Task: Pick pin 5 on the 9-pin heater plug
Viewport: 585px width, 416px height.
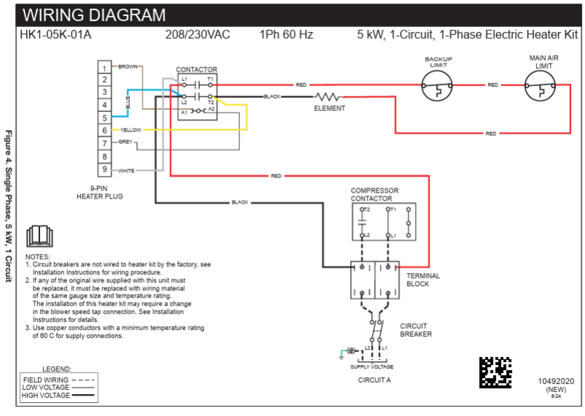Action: (105, 118)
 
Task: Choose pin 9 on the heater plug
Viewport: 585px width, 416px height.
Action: (105, 170)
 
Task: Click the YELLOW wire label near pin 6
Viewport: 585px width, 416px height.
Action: (131, 130)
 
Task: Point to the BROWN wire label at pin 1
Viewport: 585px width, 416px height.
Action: (128, 66)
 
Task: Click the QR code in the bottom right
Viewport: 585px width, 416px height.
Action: (495, 372)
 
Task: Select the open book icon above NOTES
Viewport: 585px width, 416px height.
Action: (38, 237)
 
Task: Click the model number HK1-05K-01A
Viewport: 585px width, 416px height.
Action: (55, 34)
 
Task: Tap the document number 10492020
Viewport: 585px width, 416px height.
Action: (556, 381)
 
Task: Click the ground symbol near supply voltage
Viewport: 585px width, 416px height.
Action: (341, 355)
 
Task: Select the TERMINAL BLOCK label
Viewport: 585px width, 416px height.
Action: (422, 280)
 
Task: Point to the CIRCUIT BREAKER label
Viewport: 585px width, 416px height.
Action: (416, 330)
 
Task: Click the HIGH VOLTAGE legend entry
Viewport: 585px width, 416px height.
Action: (46, 396)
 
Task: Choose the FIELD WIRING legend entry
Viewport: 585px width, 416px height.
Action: (46, 380)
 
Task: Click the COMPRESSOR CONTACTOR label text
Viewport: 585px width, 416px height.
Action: (374, 195)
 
